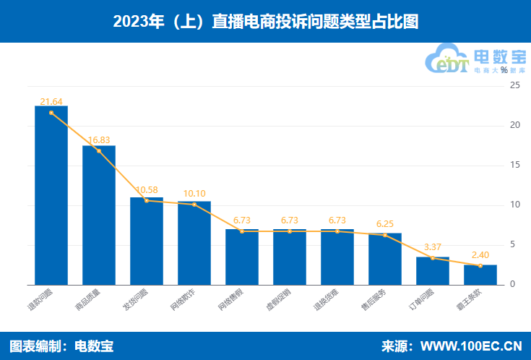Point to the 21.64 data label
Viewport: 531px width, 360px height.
(x=51, y=101)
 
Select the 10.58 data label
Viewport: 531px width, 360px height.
(x=147, y=190)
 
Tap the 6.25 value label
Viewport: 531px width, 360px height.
(x=385, y=224)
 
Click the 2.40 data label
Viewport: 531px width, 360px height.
(x=480, y=255)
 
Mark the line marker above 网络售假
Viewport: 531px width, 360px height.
(x=242, y=231)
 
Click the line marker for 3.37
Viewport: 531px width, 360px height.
(x=433, y=258)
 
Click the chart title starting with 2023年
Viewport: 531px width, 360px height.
(x=265, y=22)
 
